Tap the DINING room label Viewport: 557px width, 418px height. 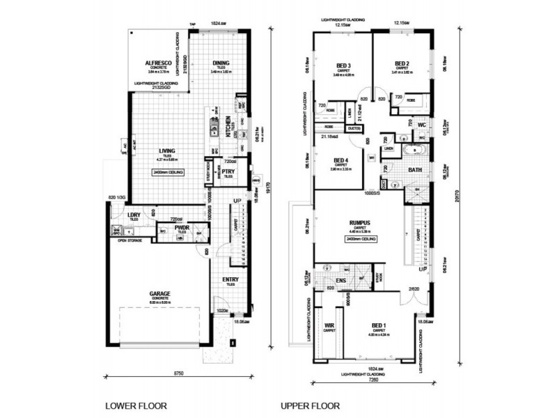221,62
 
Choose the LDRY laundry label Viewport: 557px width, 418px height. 134,215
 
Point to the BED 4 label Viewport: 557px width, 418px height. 341,157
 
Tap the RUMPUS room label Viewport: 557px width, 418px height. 359,224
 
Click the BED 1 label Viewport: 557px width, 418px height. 379,325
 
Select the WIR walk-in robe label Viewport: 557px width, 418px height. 330,325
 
